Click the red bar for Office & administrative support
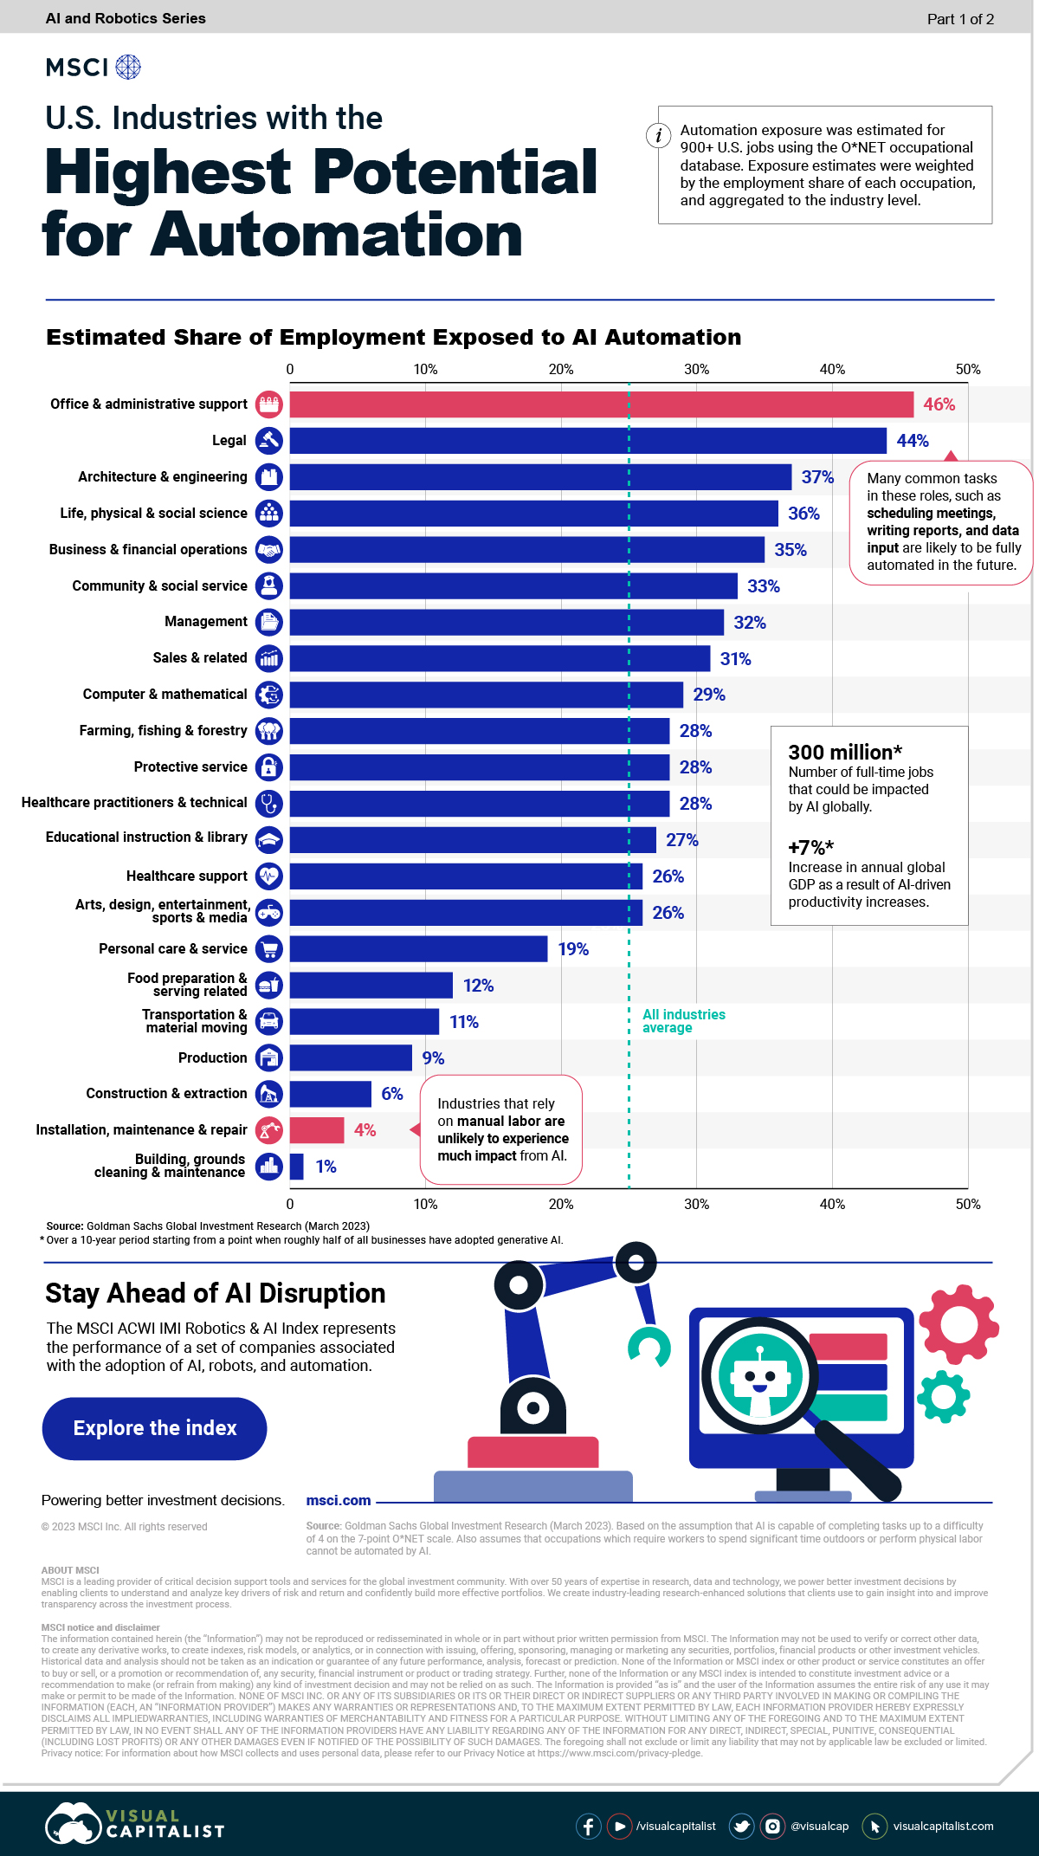tap(601, 404)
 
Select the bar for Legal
tap(588, 441)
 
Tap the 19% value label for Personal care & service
tap(573, 949)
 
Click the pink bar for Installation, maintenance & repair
tap(317, 1130)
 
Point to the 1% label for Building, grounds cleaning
tap(326, 1167)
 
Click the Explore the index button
tap(155, 1428)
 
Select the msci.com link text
tap(339, 1500)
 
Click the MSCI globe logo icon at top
tap(128, 67)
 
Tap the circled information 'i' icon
tap(659, 135)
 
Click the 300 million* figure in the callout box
tap(845, 752)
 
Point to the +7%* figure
tap(810, 847)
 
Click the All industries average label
tap(683, 1021)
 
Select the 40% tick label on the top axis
tap(832, 369)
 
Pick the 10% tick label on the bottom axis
tap(425, 1204)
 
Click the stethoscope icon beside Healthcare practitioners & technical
tap(269, 803)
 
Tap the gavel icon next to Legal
tap(269, 441)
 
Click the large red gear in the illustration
tap(958, 1324)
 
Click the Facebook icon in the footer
tap(588, 1826)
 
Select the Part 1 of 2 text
tap(960, 19)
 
